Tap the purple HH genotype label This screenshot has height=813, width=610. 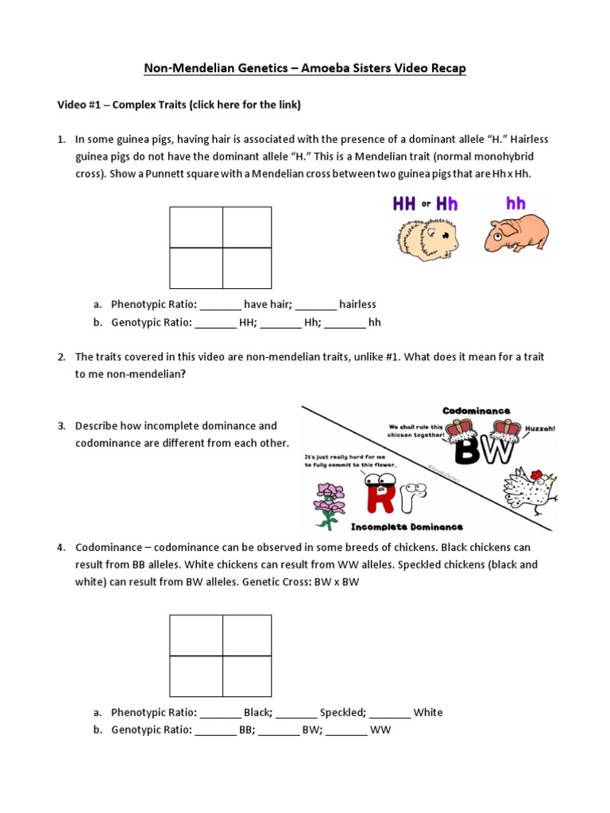click(405, 204)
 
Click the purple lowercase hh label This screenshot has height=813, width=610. click(515, 204)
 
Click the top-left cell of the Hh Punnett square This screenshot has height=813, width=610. click(195, 227)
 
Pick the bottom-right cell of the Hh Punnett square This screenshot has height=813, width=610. click(247, 268)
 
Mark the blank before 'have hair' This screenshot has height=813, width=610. click(219, 304)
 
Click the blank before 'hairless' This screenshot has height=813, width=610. click(315, 304)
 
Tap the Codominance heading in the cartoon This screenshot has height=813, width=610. click(477, 411)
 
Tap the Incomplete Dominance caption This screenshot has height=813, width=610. click(407, 526)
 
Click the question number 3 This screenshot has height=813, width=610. click(60, 426)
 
